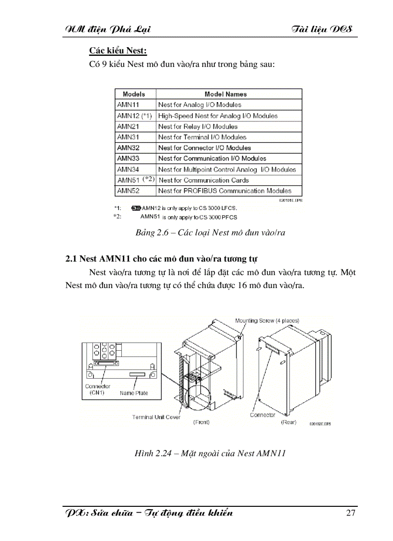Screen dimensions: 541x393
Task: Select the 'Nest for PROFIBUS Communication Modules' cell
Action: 224,191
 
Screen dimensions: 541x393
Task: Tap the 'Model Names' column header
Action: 225,94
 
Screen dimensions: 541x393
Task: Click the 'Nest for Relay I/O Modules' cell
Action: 197,127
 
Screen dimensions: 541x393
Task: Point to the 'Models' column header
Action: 133,94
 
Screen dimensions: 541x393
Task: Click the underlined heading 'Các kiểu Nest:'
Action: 118,51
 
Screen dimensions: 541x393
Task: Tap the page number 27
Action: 351,512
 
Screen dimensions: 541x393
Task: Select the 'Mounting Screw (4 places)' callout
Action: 267,320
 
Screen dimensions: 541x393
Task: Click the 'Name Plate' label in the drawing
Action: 134,393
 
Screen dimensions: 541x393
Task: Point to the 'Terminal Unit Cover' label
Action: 156,417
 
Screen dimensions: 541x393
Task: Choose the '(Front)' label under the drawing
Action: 201,422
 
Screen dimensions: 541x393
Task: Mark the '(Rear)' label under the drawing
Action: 288,422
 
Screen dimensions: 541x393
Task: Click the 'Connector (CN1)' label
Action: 98,389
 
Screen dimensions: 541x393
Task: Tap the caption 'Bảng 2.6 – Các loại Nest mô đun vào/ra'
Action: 210,233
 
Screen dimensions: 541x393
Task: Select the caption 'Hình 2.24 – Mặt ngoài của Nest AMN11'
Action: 210,453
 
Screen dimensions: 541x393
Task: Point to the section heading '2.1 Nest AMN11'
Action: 161,259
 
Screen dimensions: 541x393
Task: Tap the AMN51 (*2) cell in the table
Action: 135,180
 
